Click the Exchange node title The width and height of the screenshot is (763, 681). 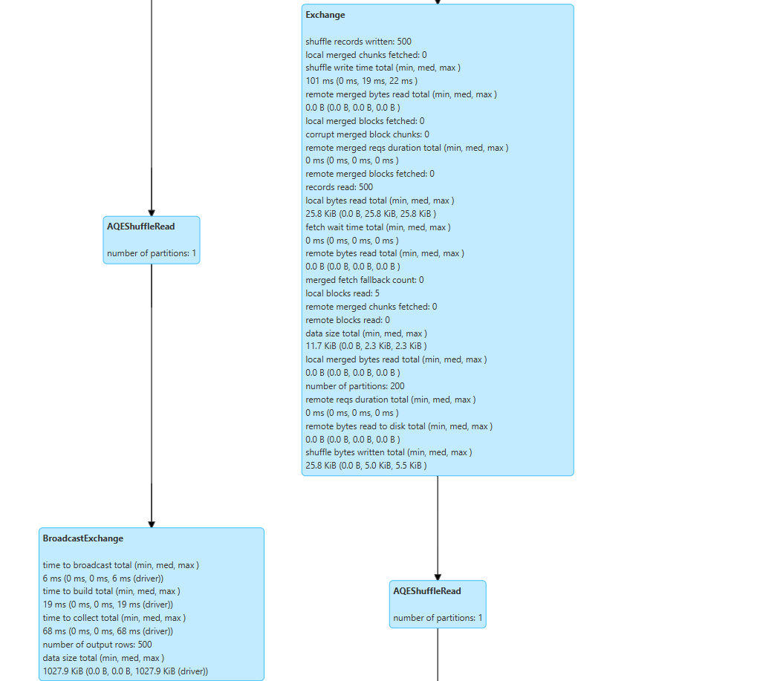[325, 15]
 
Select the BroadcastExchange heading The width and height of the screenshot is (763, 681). [83, 538]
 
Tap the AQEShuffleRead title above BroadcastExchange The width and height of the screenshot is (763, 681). [141, 227]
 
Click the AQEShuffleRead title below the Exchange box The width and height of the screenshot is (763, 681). [427, 591]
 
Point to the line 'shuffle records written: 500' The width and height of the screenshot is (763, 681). [358, 42]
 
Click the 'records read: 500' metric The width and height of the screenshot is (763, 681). [339, 187]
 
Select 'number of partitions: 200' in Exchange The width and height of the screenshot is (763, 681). [355, 386]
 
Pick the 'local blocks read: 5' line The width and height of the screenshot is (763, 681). [342, 293]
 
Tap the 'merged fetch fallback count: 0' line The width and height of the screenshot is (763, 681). [365, 280]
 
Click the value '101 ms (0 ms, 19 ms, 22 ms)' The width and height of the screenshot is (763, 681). [361, 81]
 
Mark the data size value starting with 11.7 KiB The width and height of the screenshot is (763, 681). [366, 346]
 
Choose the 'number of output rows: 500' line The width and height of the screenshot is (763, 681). [97, 645]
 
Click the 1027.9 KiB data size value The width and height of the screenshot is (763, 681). [126, 671]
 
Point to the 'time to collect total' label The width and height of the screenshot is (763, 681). [114, 618]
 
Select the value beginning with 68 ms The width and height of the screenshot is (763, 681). [108, 631]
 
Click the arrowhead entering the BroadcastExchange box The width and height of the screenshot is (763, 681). [152, 524]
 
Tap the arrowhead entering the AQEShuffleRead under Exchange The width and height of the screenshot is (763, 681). [438, 576]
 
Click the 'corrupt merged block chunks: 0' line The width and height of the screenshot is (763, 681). [367, 134]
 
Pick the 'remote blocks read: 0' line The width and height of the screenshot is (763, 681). [348, 320]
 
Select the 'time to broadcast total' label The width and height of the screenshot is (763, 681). [121, 565]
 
